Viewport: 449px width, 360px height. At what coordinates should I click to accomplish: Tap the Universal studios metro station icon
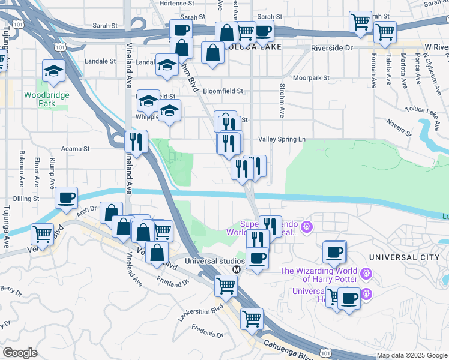(x=236, y=269)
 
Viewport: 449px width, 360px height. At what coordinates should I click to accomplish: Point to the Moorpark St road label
(x=312, y=78)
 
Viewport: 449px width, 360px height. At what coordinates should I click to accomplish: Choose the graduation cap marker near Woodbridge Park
(x=53, y=71)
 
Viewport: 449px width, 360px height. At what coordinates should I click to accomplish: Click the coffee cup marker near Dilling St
(x=67, y=197)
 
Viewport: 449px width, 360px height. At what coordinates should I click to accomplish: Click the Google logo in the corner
(x=20, y=353)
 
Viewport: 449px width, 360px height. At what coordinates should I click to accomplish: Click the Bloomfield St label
(x=223, y=91)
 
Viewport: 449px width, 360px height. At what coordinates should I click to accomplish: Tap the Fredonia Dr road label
(x=207, y=330)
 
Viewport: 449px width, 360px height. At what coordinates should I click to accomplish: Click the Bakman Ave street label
(x=22, y=167)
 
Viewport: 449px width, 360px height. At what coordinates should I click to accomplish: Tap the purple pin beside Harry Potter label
(x=366, y=274)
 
